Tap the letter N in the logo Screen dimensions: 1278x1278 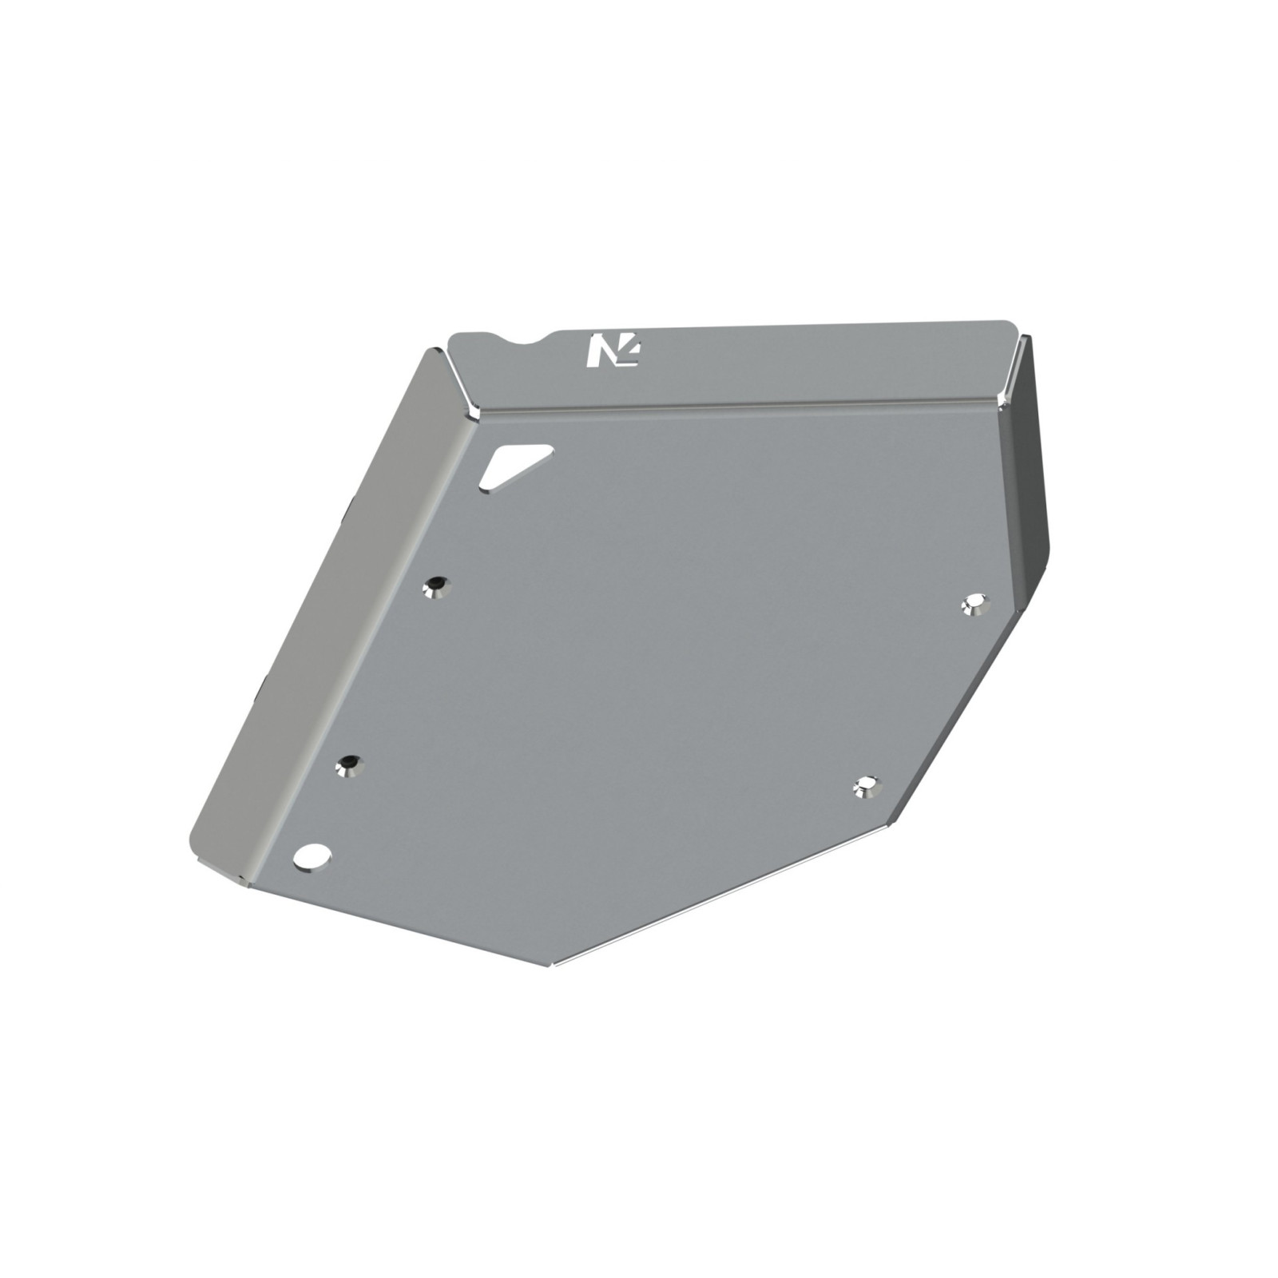coord(600,352)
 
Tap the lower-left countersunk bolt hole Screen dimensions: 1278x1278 coord(349,766)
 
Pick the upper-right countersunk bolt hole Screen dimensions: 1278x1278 coord(974,605)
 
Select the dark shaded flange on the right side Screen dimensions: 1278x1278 coord(1030,471)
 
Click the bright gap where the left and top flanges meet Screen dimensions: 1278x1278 coord(462,391)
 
